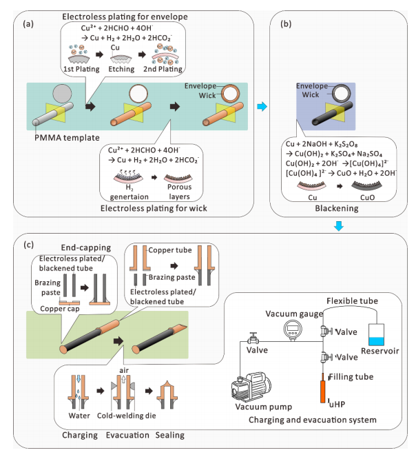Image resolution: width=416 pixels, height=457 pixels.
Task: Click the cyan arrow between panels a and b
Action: [261, 107]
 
